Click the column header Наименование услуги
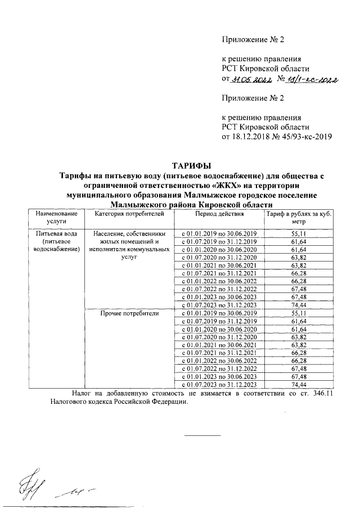pyautogui.click(x=55, y=218)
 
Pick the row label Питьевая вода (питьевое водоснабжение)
pyautogui.click(x=55, y=240)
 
